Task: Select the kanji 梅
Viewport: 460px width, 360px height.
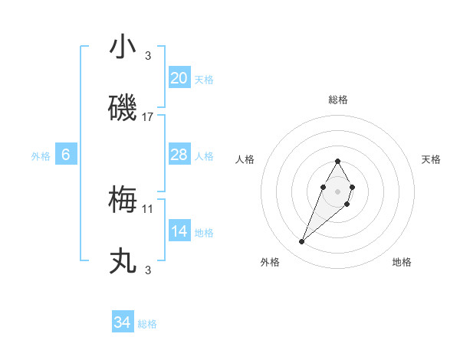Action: click(123, 200)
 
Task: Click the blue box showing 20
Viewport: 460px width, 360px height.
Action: click(179, 78)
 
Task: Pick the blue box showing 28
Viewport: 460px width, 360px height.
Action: click(179, 155)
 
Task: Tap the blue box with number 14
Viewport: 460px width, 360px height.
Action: click(179, 231)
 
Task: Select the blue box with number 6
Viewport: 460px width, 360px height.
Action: click(66, 155)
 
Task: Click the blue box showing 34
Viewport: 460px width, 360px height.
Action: click(123, 322)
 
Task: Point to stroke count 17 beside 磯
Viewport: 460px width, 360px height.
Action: click(149, 117)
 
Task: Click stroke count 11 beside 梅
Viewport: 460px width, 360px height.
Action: click(149, 208)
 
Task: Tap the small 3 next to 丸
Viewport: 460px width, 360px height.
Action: click(148, 270)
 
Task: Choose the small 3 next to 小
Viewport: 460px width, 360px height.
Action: click(148, 56)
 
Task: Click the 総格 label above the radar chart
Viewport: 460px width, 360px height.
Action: click(337, 100)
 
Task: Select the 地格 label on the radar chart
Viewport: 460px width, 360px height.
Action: click(402, 262)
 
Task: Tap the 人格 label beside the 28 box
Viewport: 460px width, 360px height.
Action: click(204, 155)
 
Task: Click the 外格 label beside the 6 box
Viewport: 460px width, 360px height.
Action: click(41, 155)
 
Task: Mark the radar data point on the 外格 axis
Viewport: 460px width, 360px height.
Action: click(302, 241)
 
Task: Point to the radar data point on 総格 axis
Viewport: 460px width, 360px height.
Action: click(337, 161)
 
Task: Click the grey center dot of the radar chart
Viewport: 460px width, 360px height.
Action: click(337, 190)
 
